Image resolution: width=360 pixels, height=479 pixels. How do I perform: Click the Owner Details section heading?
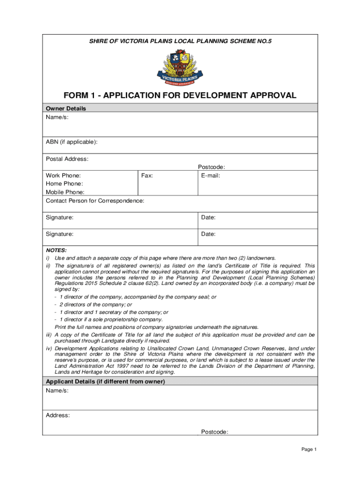pos(65,109)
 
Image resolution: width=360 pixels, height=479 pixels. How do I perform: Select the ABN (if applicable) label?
pos(72,142)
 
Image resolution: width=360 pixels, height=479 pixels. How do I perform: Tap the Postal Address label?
pos(67,159)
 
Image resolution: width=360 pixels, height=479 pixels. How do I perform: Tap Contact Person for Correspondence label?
pos(95,201)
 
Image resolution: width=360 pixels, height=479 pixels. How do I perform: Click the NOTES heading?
pos(56,250)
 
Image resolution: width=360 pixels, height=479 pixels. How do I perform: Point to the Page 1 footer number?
pos(309,450)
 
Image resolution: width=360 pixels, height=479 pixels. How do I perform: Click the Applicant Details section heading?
pos(105,382)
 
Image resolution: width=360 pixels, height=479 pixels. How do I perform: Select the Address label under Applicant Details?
pos(58,415)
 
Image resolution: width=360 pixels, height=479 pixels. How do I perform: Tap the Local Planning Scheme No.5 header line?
pos(180,42)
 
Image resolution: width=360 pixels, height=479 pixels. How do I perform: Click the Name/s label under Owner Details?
pos(57,117)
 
